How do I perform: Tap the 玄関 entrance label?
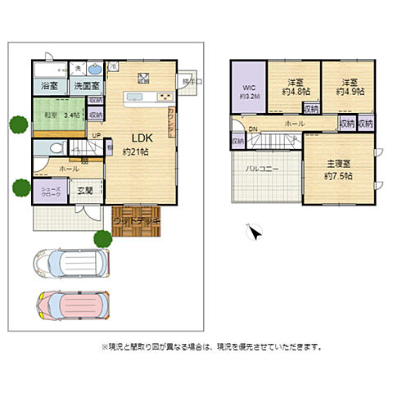pos(86,190)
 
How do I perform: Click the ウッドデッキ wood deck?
pos(137,220)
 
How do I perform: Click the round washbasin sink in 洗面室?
pos(93,68)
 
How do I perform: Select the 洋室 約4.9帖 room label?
pos(350,86)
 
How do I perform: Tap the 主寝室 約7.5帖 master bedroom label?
pos(337,170)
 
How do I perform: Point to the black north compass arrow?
pos(254,234)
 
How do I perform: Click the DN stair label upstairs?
pos(253,129)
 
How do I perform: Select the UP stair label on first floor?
pos(96,135)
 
